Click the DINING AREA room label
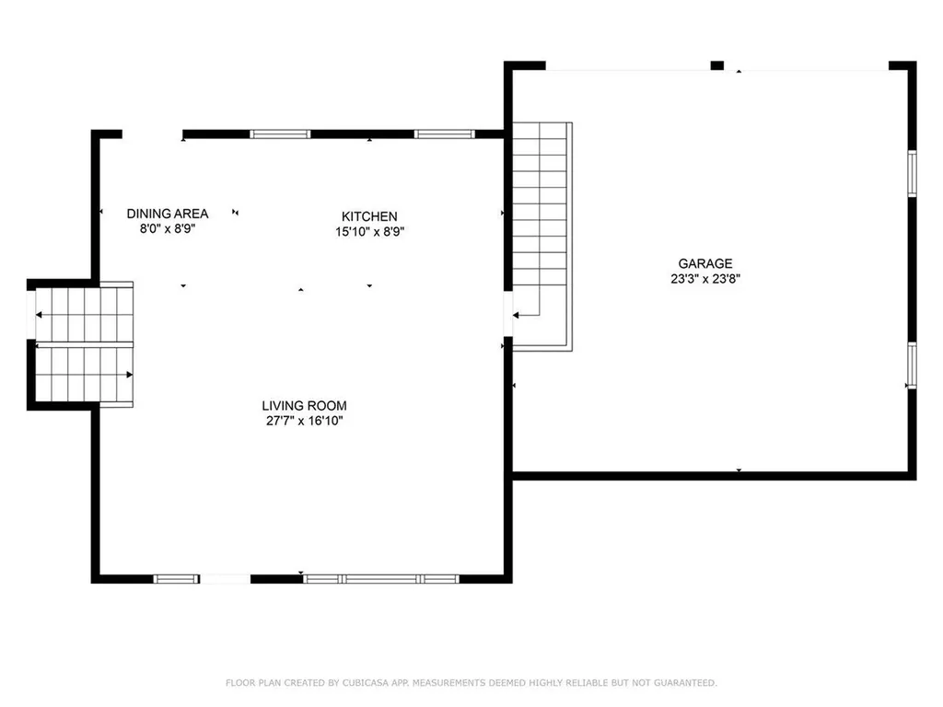168,214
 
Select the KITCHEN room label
369,216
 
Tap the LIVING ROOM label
304,405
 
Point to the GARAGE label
705,263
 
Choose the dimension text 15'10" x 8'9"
370,232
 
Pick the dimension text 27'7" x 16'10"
304,421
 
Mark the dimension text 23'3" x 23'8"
705,279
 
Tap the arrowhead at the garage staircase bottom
517,315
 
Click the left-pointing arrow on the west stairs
40,315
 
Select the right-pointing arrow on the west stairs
130,375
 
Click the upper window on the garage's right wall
912,174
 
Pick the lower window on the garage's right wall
912,365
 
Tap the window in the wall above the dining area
281,134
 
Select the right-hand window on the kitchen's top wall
445,134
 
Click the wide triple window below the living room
381,579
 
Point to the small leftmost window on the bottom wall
176,579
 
